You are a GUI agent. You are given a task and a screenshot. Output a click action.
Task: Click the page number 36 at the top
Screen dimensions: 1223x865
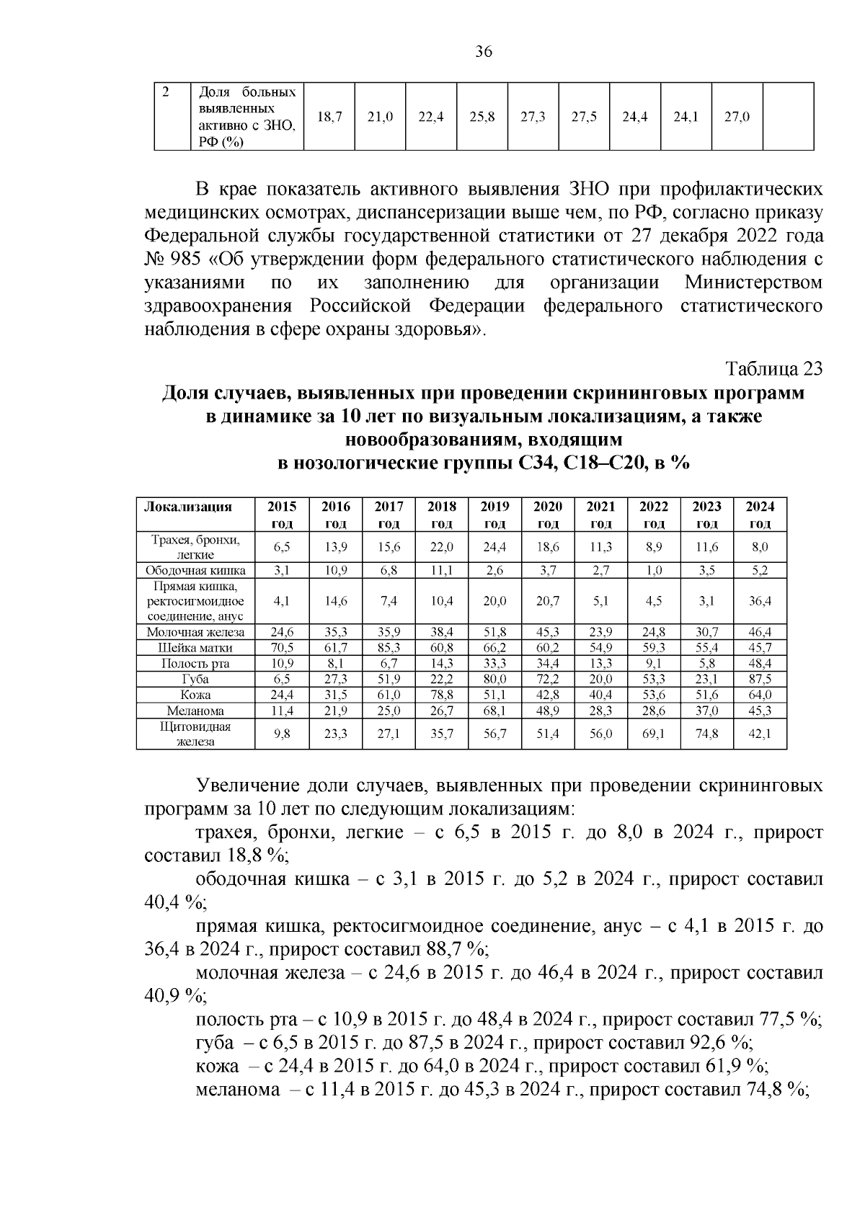pos(484,52)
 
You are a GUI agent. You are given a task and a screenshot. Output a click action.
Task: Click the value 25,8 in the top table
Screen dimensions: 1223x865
pos(482,116)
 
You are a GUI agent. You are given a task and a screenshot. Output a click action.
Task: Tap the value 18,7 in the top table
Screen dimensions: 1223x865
pos(329,116)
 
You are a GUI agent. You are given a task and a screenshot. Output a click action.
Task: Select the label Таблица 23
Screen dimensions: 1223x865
pos(773,368)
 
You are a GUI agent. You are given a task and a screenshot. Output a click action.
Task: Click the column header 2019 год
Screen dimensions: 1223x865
pos(494,515)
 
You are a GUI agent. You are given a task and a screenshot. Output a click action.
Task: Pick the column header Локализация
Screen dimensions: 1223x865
pos(188,507)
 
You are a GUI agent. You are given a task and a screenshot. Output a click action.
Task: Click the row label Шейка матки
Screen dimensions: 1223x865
pos(195,648)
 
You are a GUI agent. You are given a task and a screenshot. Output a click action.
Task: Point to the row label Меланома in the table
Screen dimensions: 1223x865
pos(195,711)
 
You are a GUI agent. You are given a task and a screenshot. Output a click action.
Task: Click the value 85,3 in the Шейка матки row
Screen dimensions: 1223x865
pos(389,648)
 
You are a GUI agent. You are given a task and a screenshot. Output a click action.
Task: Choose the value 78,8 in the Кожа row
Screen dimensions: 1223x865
pos(441,695)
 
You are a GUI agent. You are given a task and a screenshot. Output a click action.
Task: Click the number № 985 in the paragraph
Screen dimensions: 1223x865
pos(175,259)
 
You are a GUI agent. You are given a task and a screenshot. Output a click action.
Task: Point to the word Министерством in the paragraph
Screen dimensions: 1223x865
pos(753,283)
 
